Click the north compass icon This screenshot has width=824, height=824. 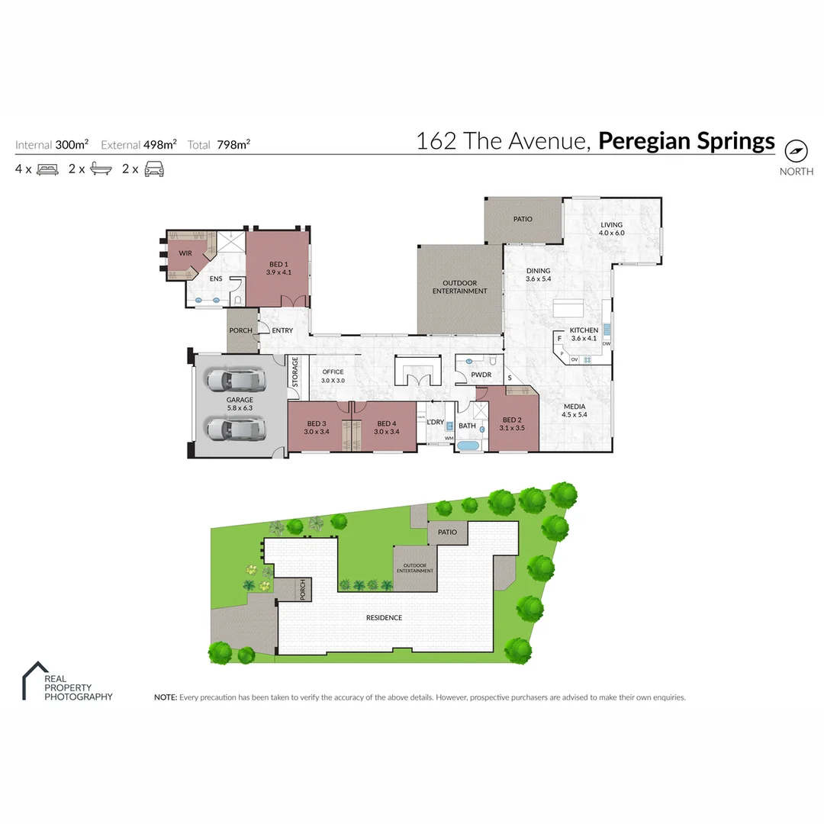coord(796,150)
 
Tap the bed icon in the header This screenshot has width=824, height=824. coord(47,169)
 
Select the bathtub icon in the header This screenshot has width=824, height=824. coord(101,169)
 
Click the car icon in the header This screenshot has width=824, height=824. coord(154,169)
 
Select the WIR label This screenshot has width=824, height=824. coord(185,253)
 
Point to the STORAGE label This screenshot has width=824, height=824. coord(295,372)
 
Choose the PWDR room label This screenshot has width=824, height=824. coord(481,375)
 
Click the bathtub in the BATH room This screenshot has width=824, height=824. coord(468,446)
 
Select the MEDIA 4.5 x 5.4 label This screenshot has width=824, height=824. coord(574,411)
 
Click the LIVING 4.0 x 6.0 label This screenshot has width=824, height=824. coord(611,229)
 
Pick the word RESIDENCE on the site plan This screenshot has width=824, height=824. coord(384,618)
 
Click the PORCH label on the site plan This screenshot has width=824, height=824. coord(303,589)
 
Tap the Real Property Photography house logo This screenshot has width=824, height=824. coord(32,681)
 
